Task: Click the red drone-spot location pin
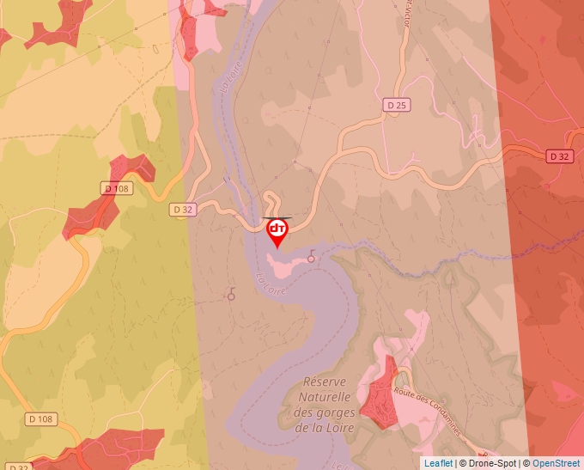point(277,230)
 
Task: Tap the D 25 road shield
point(395,105)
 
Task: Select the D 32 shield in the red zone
point(559,156)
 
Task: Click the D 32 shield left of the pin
point(183,209)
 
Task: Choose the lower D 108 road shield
point(40,419)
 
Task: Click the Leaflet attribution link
point(438,463)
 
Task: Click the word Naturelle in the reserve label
point(325,398)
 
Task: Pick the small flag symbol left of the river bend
point(230,295)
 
